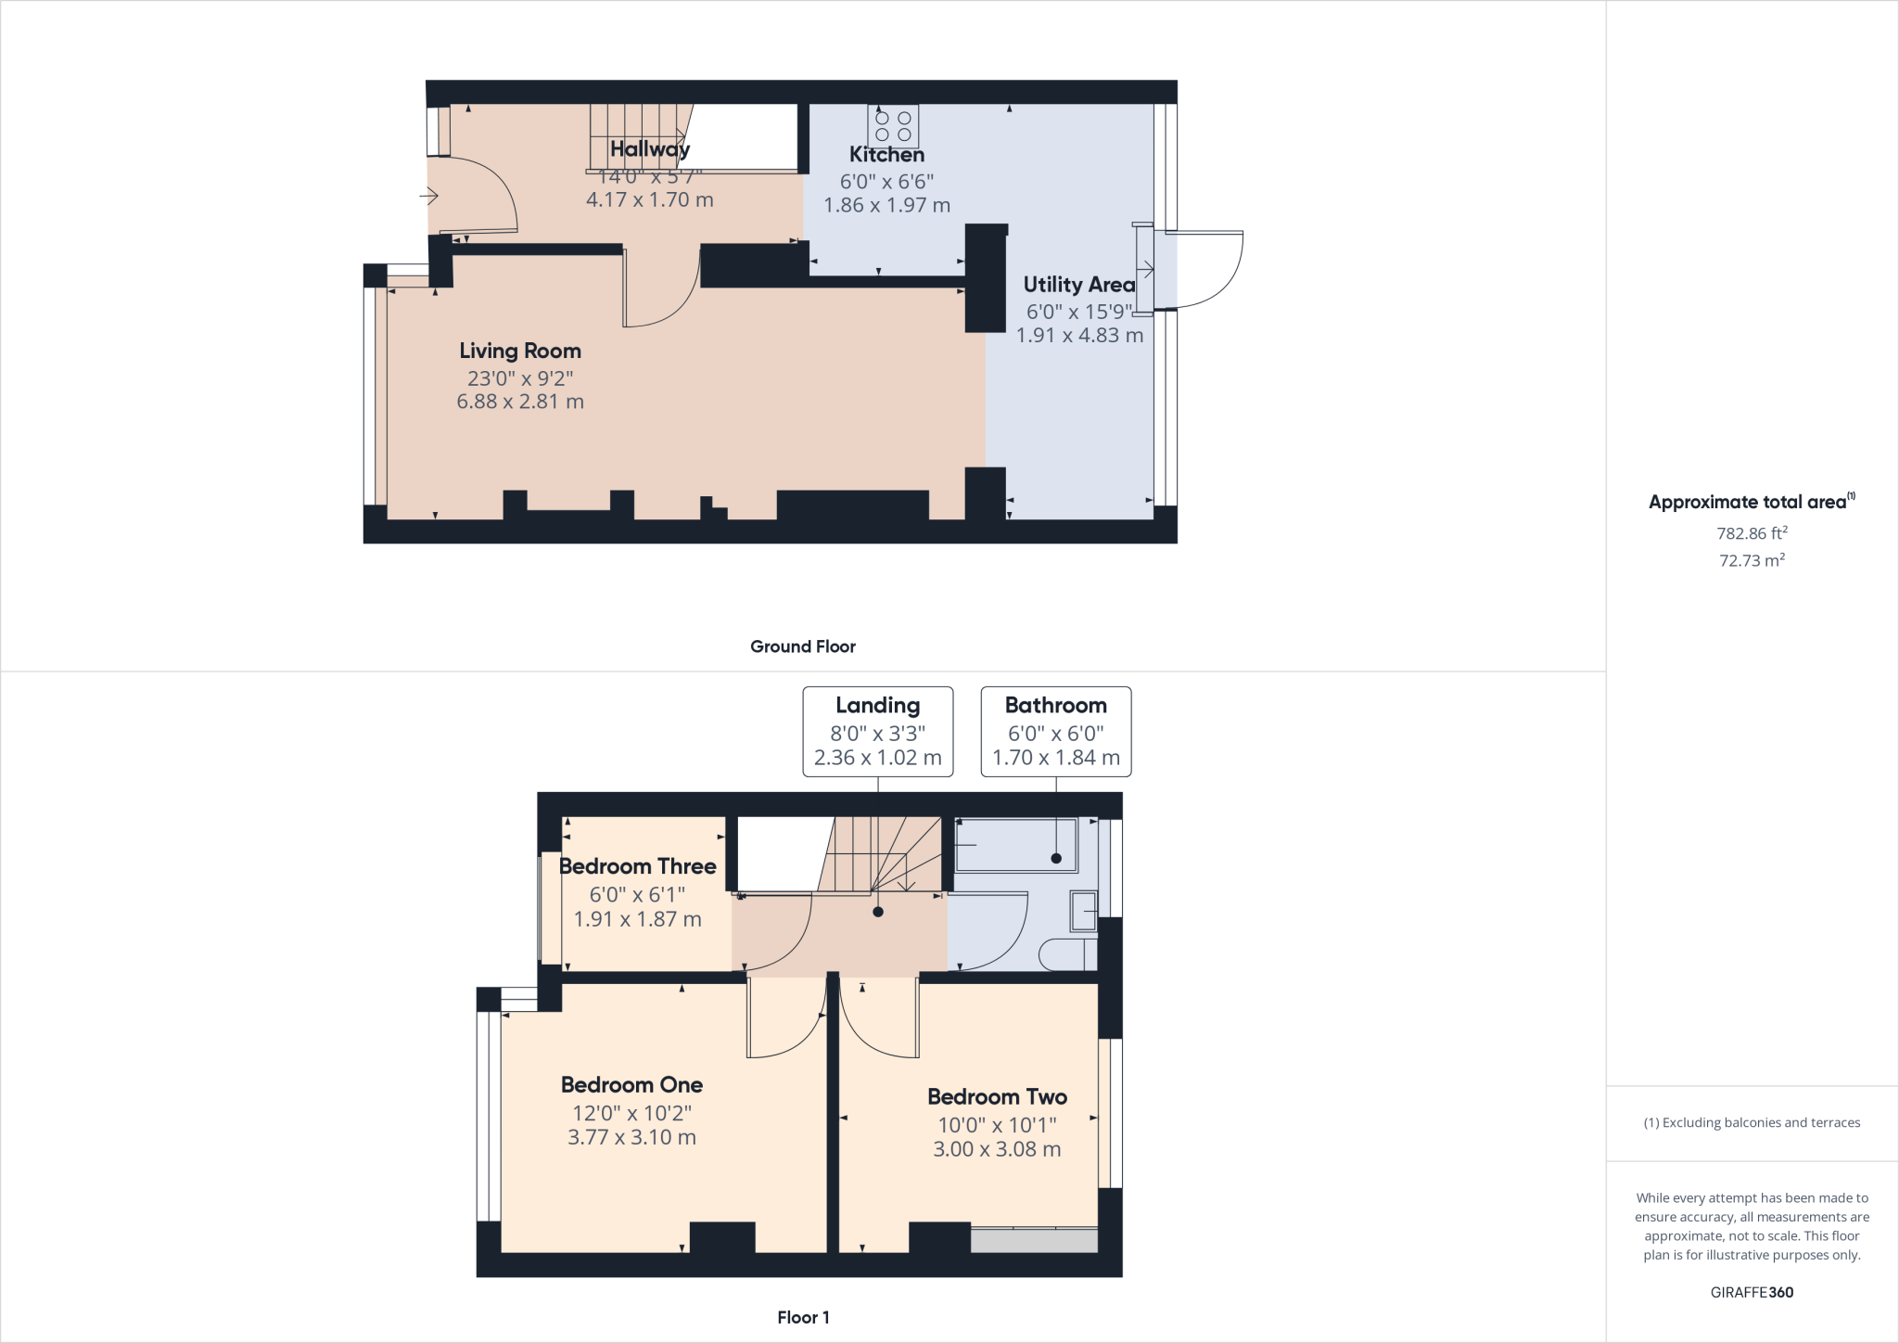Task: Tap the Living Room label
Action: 520,351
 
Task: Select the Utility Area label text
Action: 1078,285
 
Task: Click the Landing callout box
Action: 877,732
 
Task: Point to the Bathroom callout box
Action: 1055,732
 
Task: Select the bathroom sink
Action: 1084,911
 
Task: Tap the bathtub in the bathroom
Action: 1015,845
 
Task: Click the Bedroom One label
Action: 631,1085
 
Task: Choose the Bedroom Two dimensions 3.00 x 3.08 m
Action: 997,1149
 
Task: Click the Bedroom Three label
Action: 638,866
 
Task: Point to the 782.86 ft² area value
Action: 1752,533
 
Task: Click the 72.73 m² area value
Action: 1752,560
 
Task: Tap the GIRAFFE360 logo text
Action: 1752,1292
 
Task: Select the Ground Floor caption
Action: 802,646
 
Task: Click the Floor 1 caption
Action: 803,1317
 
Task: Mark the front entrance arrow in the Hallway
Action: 428,196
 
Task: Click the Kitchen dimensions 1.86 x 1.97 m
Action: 886,205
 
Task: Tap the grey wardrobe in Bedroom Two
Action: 1034,1240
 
